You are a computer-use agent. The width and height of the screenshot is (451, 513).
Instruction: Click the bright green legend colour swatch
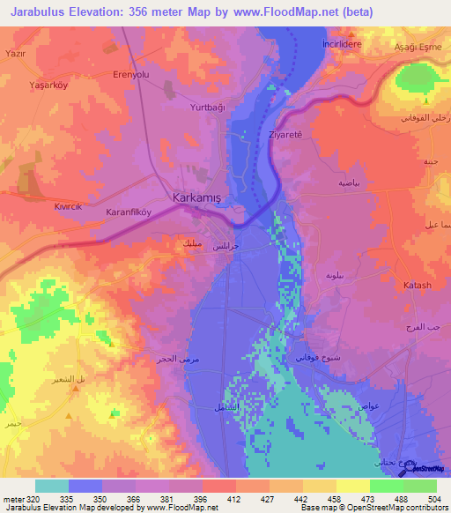419,486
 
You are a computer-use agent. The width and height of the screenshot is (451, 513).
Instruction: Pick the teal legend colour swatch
51,486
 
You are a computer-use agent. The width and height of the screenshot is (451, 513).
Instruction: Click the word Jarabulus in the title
42,11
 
